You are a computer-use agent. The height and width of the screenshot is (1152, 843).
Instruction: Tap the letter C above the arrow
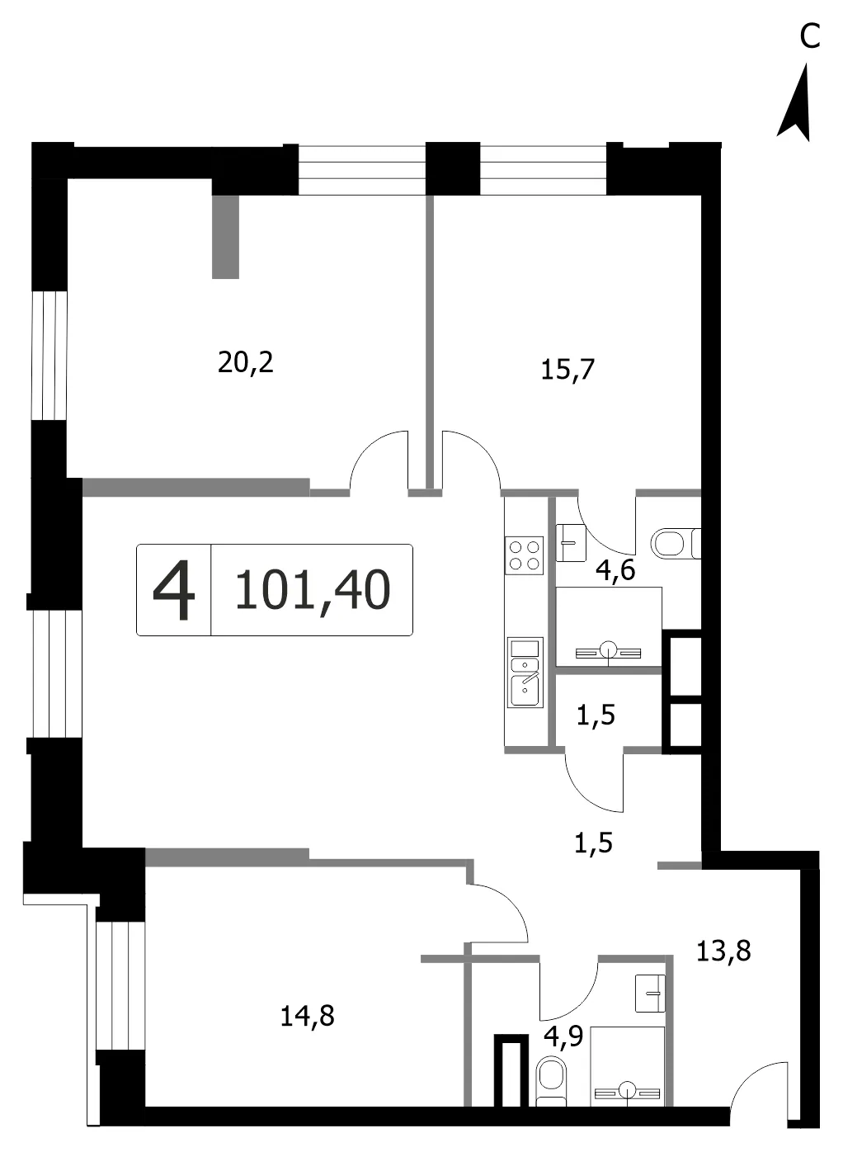tap(810, 36)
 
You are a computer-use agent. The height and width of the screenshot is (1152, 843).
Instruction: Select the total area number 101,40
tap(313, 590)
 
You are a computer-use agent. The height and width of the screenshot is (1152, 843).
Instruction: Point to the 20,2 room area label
tap(245, 362)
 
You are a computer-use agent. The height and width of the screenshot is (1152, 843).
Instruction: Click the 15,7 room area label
tap(567, 369)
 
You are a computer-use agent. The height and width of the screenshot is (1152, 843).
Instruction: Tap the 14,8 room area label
tap(307, 1016)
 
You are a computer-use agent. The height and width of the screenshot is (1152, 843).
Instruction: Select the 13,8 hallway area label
tap(723, 951)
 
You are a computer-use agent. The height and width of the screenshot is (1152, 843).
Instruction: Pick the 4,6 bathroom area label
tap(615, 570)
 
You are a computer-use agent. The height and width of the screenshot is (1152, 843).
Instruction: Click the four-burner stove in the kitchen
tap(525, 555)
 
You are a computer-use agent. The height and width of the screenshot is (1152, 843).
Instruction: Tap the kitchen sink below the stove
tap(525, 673)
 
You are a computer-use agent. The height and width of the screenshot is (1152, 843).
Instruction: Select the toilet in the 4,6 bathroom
tap(676, 543)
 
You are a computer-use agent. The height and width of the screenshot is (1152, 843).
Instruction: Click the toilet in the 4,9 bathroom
tap(551, 1081)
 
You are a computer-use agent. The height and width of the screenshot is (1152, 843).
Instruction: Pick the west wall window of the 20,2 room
tap(49, 356)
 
